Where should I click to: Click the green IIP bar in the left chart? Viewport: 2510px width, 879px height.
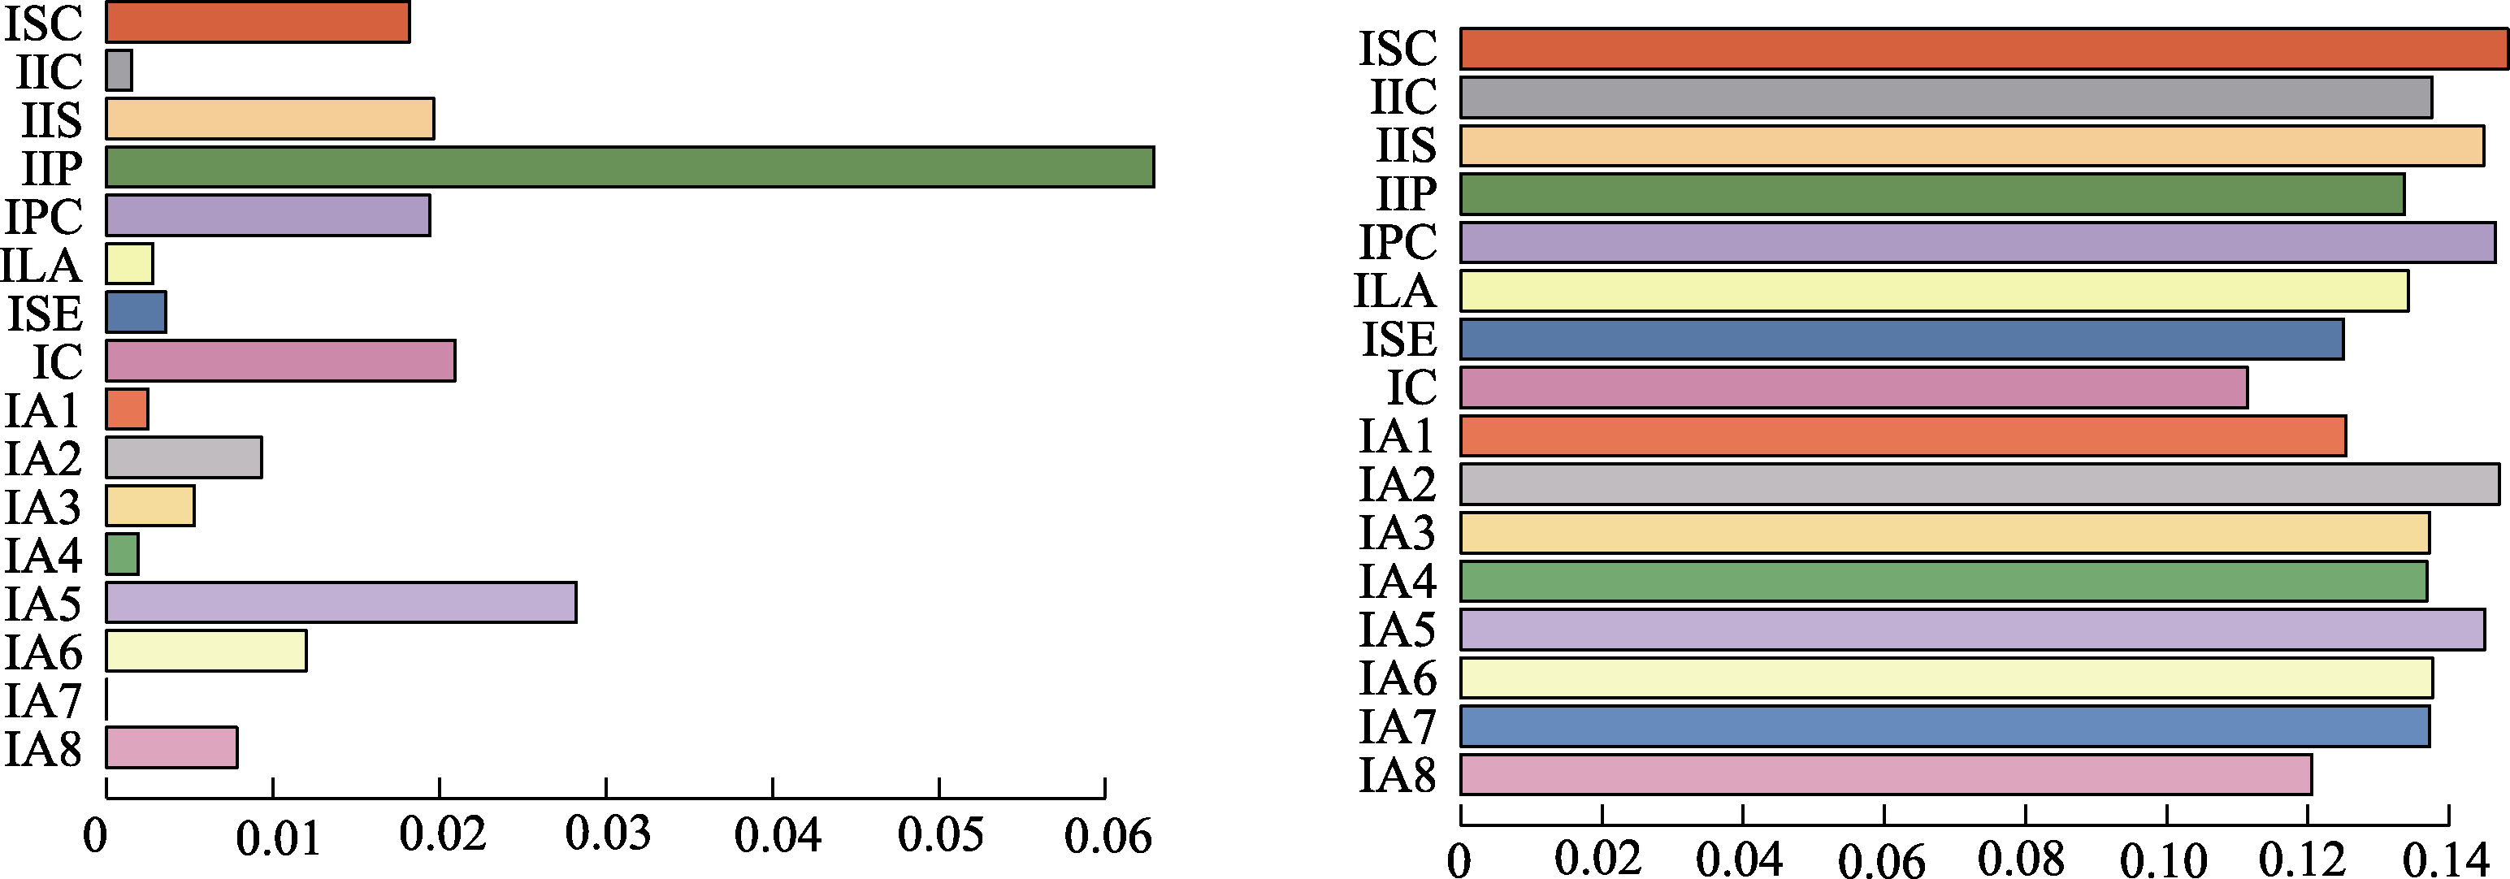coord(630,167)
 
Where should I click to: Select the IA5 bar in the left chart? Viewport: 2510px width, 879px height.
coord(341,602)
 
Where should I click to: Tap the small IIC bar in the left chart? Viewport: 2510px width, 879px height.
coord(119,70)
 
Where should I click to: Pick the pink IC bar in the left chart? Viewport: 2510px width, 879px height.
coord(280,361)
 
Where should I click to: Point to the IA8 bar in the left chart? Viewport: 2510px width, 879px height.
coord(171,747)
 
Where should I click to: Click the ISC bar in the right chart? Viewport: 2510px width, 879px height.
coord(1983,49)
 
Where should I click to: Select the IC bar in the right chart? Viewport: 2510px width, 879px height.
coord(1853,388)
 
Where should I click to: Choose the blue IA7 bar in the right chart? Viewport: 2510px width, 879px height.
coord(1944,727)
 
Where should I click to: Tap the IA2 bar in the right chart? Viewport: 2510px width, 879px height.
coord(1979,484)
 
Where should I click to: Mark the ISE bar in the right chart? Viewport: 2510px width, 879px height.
coord(1901,339)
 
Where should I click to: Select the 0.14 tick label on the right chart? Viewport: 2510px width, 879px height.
coord(2446,860)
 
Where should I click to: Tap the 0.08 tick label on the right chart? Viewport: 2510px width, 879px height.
coord(2021,860)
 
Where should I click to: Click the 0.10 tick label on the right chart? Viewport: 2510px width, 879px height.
coord(2163,860)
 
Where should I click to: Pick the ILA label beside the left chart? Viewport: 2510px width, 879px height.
coord(41,265)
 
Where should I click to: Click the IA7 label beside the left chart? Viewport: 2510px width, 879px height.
coord(43,700)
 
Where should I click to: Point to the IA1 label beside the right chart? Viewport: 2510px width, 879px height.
coord(1398,435)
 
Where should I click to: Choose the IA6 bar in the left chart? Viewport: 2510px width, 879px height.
coord(206,651)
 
